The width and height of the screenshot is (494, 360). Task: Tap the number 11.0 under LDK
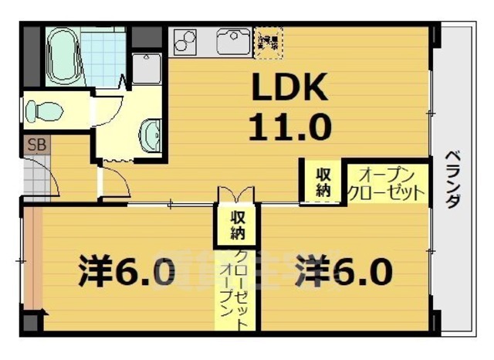289,124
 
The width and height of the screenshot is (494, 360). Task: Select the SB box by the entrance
36,144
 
